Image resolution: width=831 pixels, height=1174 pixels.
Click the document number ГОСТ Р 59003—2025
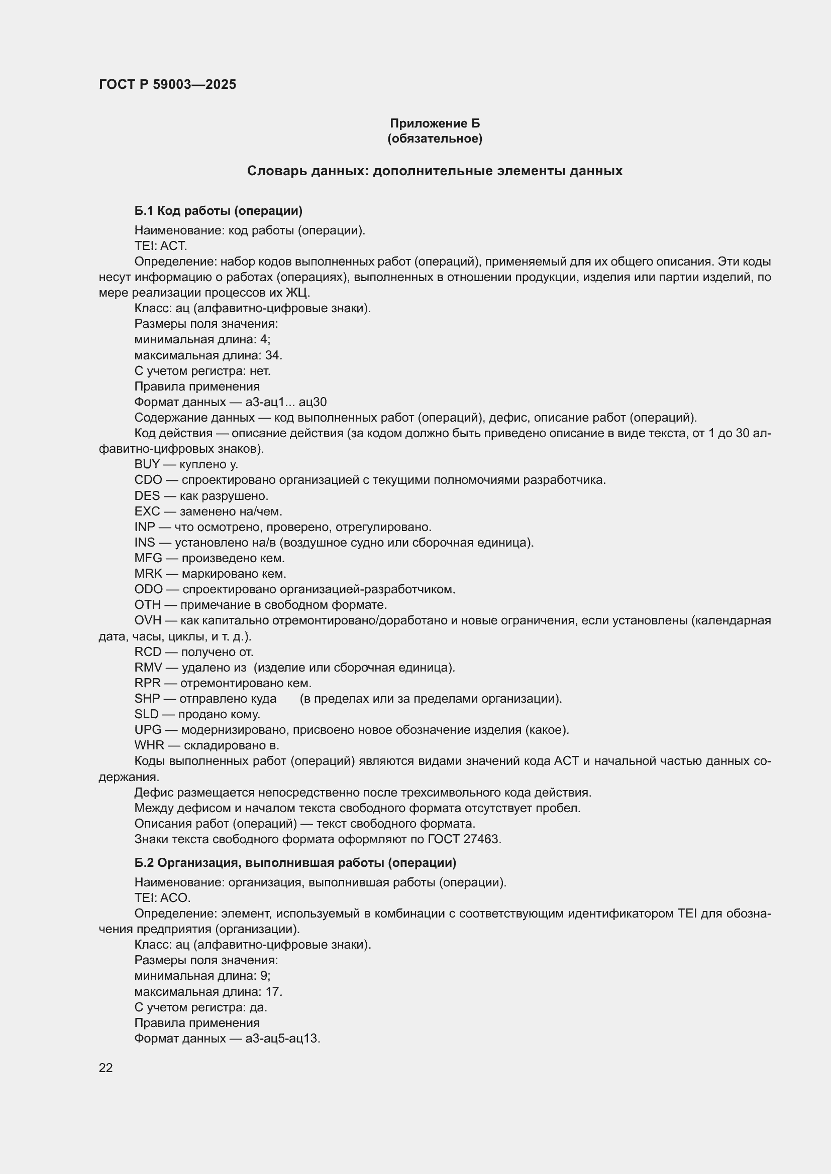167,84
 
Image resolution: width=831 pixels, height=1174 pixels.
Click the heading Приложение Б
435,123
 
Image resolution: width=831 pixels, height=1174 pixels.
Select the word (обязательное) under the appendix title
435,139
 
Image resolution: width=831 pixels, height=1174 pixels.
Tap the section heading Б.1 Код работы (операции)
219,211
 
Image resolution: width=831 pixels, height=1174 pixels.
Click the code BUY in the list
147,464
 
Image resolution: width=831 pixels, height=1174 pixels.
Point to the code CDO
148,480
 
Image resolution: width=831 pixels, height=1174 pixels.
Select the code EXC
147,511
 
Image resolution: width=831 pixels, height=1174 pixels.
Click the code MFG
148,558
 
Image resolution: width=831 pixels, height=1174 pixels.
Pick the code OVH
147,621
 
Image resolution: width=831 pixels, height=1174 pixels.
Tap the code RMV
148,668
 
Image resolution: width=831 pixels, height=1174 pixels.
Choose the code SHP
147,699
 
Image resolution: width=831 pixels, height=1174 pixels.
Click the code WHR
149,745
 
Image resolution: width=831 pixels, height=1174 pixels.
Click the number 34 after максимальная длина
273,355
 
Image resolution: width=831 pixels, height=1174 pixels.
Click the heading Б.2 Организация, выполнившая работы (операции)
295,863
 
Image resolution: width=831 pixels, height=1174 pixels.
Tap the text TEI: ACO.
162,898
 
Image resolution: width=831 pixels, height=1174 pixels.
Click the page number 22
106,1068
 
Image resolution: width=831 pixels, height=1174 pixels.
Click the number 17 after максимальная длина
273,992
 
